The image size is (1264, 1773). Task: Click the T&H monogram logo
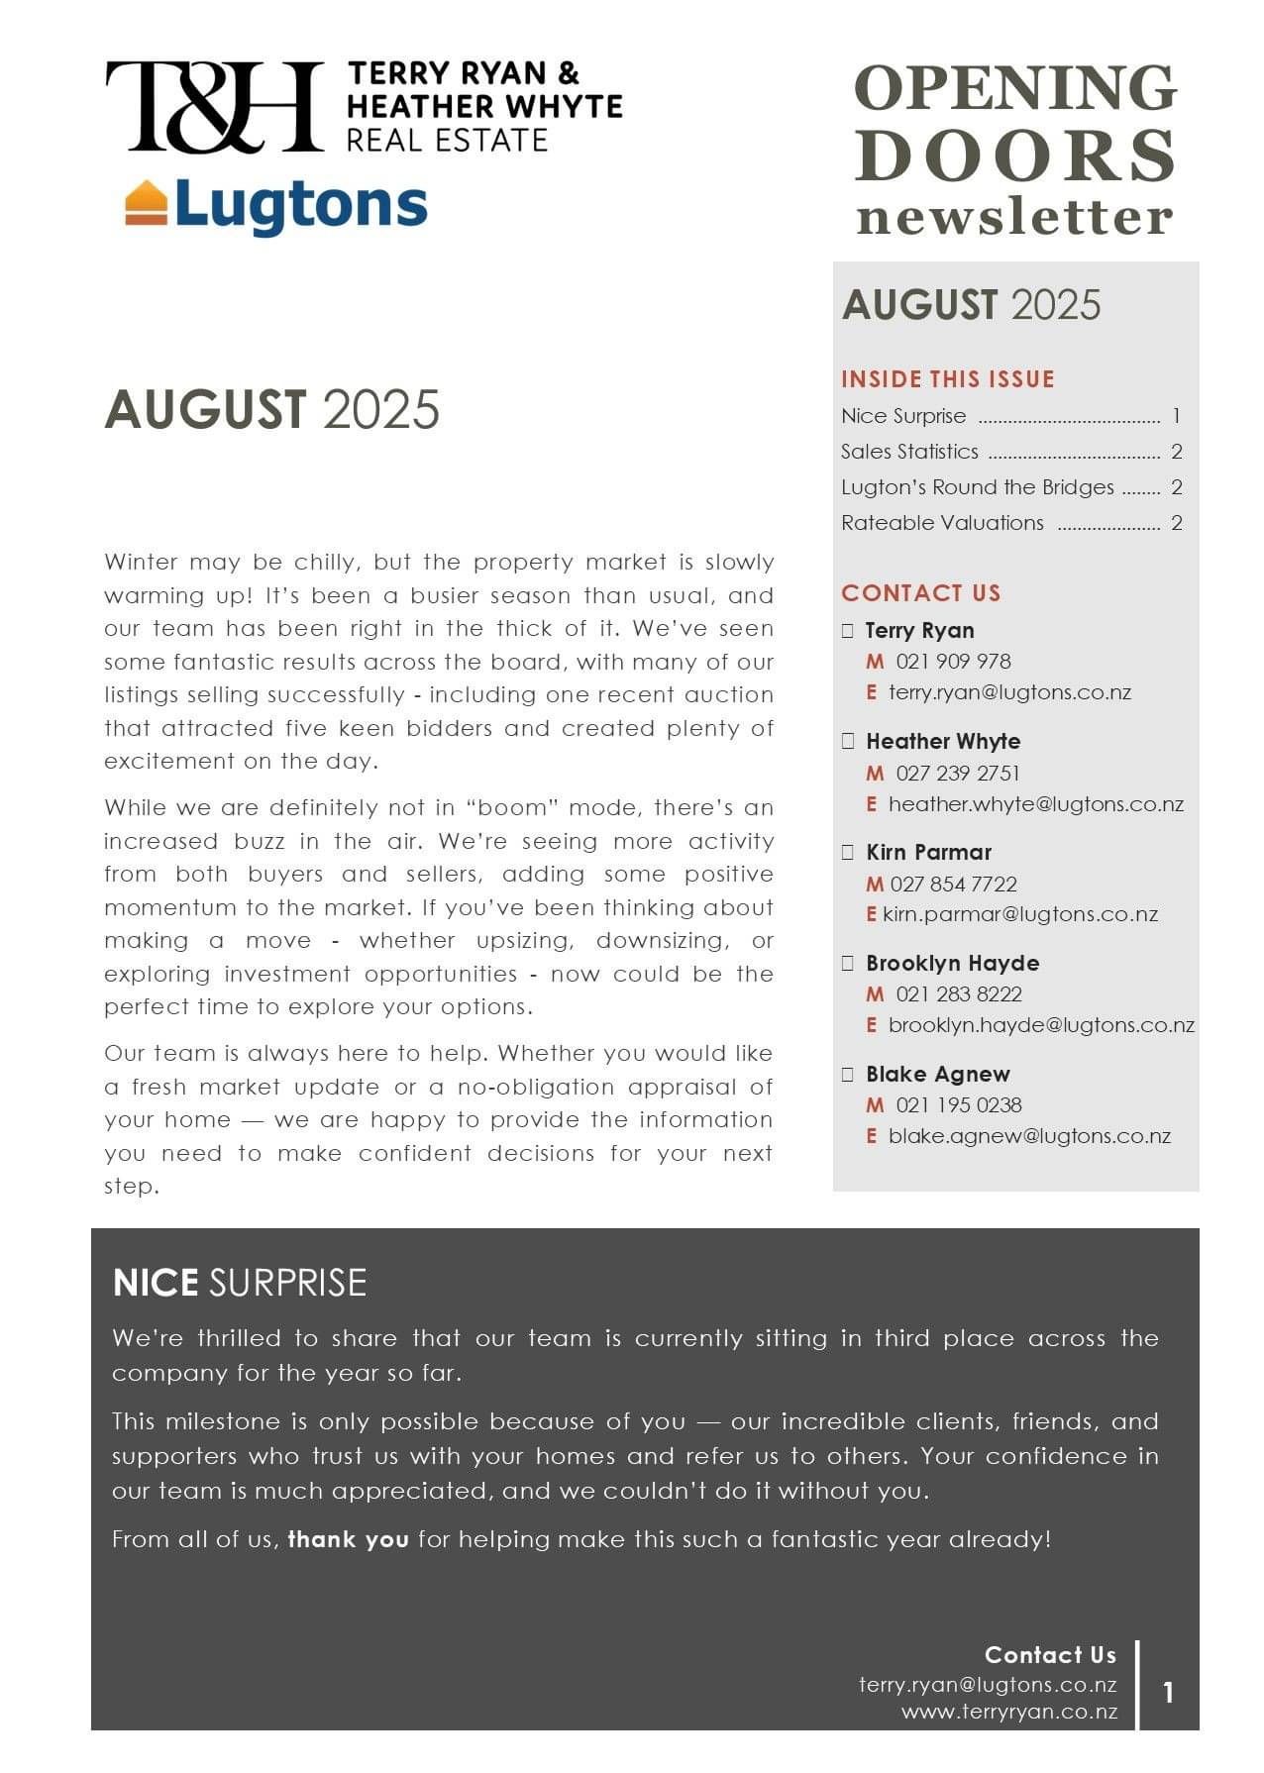point(214,106)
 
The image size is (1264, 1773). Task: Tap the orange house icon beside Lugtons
point(146,203)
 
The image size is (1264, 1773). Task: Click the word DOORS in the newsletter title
point(1015,156)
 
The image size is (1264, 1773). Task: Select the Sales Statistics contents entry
point(909,452)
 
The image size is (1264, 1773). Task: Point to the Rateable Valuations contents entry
point(942,523)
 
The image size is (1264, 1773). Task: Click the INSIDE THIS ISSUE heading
point(948,379)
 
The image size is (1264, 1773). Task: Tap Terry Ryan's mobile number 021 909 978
point(953,662)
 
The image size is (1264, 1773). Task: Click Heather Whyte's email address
point(1035,804)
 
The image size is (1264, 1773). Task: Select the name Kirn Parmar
point(928,852)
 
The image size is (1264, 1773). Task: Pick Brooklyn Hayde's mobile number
point(958,994)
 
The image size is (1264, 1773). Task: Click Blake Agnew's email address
point(1029,1136)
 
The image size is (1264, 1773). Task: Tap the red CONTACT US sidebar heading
point(921,593)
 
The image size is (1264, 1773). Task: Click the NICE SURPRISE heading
point(240,1283)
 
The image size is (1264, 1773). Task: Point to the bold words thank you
point(348,1539)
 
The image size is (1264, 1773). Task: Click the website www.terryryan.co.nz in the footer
point(1009,1712)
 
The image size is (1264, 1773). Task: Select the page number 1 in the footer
point(1169,1693)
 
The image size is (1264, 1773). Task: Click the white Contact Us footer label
point(1050,1655)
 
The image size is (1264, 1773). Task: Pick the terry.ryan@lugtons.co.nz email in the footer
point(988,1685)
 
